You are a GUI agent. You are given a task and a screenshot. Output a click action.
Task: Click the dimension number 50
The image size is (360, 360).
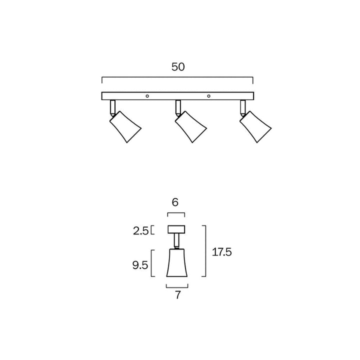click(x=178, y=67)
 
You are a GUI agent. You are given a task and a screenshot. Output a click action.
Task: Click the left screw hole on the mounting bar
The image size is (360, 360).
click(x=147, y=96)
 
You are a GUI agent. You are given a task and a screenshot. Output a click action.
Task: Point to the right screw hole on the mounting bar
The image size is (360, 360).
click(x=209, y=96)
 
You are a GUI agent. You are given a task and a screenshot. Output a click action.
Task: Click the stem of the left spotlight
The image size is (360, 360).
click(x=112, y=106)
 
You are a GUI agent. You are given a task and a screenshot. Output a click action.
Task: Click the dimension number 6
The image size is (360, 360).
click(x=175, y=202)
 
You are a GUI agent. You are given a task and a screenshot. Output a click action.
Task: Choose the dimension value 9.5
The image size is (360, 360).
click(x=140, y=265)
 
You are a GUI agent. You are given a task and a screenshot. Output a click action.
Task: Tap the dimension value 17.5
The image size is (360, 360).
click(x=222, y=252)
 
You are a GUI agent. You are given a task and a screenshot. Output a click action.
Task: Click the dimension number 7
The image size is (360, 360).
click(x=177, y=295)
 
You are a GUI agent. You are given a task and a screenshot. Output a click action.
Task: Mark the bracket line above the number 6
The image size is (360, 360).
click(x=176, y=214)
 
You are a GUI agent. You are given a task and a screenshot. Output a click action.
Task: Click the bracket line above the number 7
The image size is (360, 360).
click(x=177, y=287)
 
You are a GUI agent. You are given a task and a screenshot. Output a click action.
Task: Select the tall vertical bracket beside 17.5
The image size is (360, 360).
click(x=205, y=250)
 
